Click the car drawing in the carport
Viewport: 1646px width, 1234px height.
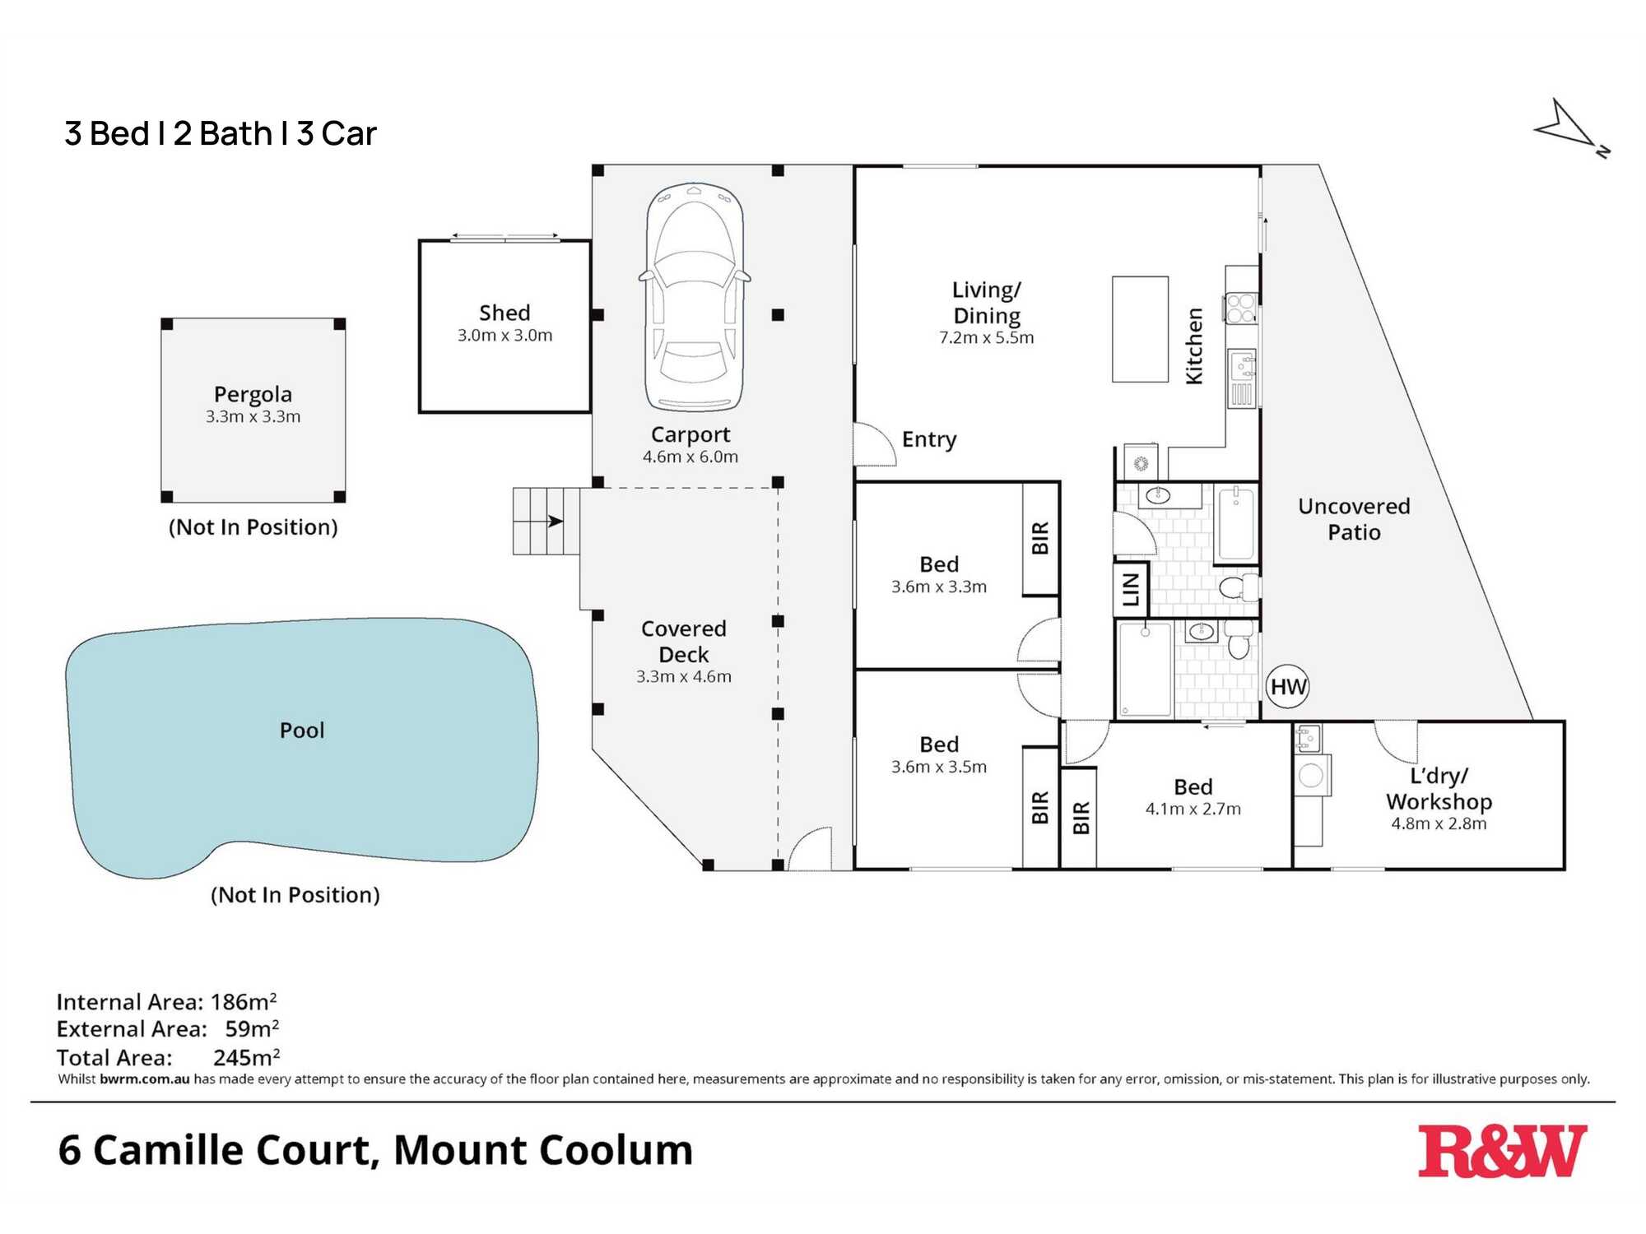[x=695, y=297]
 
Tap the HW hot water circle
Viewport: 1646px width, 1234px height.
[x=1288, y=687]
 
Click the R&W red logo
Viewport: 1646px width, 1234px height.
[x=1502, y=1151]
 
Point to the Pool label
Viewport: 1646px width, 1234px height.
[x=302, y=731]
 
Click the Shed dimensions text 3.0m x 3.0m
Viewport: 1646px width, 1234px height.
[x=504, y=336]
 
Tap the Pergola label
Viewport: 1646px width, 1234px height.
[x=253, y=394]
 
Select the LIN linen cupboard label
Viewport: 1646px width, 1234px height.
[x=1131, y=589]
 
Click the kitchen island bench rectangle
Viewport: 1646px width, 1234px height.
[x=1140, y=329]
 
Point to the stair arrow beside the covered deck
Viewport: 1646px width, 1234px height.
[x=556, y=521]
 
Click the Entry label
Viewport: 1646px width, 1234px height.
[x=929, y=439]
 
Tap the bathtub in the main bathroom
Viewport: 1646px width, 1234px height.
[x=1235, y=524]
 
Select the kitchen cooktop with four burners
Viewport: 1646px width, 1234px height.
[x=1241, y=308]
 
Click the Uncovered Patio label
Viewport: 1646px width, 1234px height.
[x=1354, y=519]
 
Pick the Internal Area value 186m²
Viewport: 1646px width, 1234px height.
[x=244, y=1002]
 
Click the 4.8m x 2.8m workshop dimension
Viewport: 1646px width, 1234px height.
[x=1439, y=823]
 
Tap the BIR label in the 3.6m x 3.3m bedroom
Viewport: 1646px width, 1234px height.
[x=1040, y=538]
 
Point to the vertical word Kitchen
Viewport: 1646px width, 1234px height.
[x=1194, y=346]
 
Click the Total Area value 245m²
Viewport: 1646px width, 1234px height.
[x=246, y=1057]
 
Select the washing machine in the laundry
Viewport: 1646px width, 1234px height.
[x=1311, y=775]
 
